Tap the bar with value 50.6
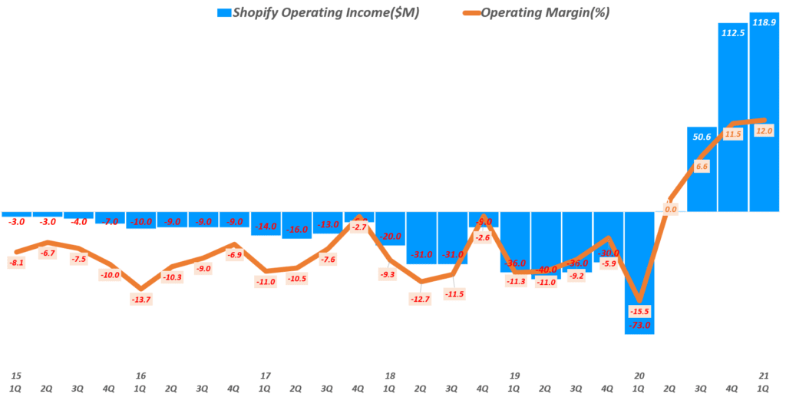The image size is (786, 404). [x=702, y=173]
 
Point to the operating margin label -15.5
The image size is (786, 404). [x=638, y=311]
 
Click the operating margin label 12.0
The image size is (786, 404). [x=763, y=131]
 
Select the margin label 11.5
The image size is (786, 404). [x=733, y=134]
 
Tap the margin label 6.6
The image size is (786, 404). [x=701, y=166]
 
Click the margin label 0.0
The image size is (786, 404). [x=670, y=209]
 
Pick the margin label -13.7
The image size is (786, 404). [x=140, y=298]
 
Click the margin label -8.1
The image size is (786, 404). [x=17, y=262]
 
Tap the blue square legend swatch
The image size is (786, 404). [x=223, y=13]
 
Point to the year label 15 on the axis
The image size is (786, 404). [x=16, y=376]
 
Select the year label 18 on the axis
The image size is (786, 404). [x=390, y=376]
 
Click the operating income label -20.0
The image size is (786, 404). [x=390, y=237]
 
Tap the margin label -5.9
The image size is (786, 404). [x=607, y=263]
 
